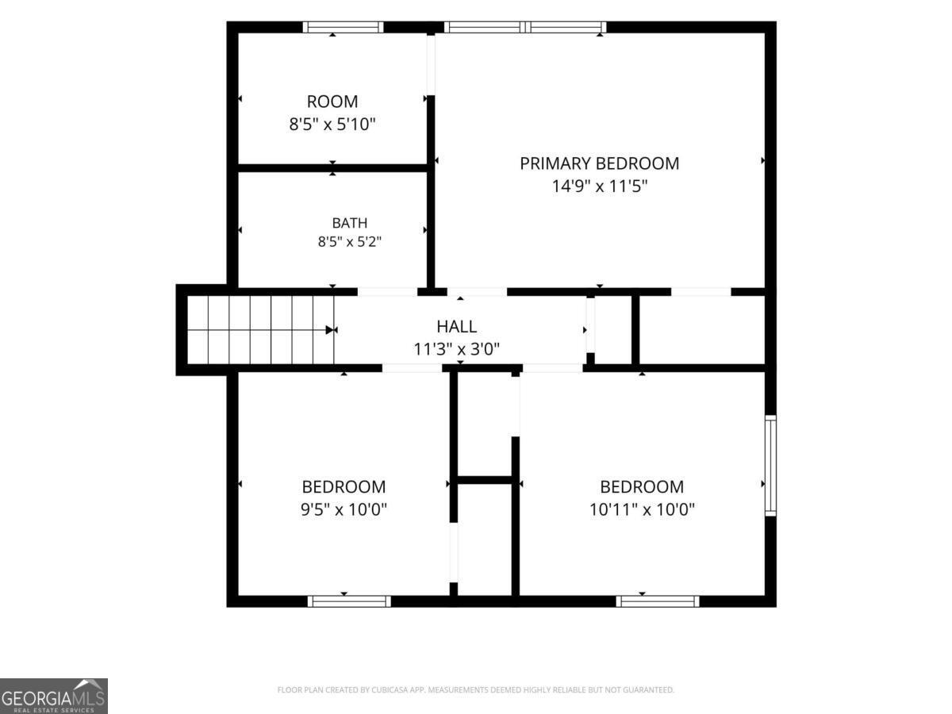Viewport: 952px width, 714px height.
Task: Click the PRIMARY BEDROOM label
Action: click(x=599, y=163)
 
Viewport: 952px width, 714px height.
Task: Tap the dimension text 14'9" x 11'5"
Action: click(x=600, y=186)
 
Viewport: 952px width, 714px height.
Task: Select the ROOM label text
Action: click(x=332, y=102)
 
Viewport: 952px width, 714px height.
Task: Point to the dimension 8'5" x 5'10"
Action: click(x=332, y=125)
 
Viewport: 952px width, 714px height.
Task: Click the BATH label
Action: click(x=350, y=223)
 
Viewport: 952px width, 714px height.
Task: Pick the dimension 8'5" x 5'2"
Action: click(x=350, y=241)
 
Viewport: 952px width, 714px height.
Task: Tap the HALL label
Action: click(x=457, y=326)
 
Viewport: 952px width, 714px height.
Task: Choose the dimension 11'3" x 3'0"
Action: click(x=457, y=349)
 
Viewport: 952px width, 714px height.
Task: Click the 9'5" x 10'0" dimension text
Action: click(x=344, y=509)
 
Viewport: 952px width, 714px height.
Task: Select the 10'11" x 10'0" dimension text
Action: click(x=642, y=509)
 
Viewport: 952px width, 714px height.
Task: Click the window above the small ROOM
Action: click(x=343, y=27)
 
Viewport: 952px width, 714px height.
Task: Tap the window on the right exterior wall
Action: click(x=770, y=466)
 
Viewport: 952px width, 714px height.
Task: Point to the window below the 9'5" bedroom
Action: click(x=349, y=601)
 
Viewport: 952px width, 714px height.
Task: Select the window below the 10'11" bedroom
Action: click(x=658, y=601)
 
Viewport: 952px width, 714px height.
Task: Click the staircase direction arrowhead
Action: click(x=331, y=330)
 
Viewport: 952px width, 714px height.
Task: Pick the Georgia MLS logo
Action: click(x=54, y=696)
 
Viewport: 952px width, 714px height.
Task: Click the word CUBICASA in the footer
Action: click(x=387, y=689)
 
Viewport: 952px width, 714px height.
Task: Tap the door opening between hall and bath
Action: click(x=387, y=291)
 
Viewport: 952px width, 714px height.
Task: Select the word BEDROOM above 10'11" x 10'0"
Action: click(x=642, y=487)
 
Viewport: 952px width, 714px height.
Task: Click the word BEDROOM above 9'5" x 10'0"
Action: click(x=344, y=487)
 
